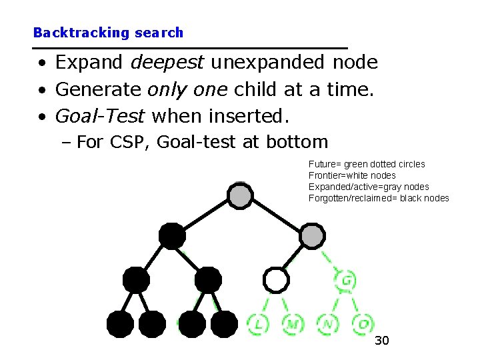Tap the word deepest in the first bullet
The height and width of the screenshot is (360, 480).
coord(169,63)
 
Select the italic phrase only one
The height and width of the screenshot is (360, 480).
coord(187,89)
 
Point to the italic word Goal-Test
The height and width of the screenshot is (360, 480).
coord(100,116)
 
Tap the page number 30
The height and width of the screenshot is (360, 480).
coord(381,341)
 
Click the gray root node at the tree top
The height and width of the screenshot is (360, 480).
coord(240,195)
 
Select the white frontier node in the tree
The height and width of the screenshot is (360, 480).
coord(275,280)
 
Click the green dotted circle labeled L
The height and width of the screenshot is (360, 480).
coord(258,325)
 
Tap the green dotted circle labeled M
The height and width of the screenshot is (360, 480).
coord(293,325)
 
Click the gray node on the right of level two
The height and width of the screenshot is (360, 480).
coord(312,236)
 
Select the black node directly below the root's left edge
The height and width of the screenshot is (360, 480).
coord(172,236)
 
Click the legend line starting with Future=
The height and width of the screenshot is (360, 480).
coord(367,164)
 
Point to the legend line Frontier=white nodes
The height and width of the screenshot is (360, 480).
coord(352,175)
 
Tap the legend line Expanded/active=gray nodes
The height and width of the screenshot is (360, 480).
coord(369,187)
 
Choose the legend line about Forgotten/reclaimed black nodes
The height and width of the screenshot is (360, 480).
coord(379,198)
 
